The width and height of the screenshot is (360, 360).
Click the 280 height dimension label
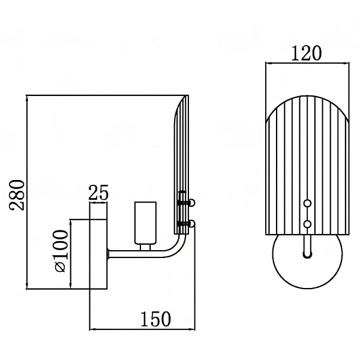(x=17, y=194)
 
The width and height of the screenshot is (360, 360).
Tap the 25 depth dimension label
(x=98, y=192)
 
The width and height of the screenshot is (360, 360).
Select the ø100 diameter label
(x=62, y=251)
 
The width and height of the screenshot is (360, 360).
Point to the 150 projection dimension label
(x=156, y=319)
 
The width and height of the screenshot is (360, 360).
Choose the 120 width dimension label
(x=307, y=53)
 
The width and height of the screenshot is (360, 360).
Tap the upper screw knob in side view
(x=192, y=203)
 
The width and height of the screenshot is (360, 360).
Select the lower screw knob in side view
(x=192, y=223)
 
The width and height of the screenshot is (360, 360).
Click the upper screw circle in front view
(x=307, y=203)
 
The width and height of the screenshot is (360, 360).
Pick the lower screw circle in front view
(x=307, y=224)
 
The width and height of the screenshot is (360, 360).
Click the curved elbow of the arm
(x=177, y=248)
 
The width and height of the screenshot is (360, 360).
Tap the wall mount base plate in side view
(x=98, y=254)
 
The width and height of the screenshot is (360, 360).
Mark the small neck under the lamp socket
(x=146, y=247)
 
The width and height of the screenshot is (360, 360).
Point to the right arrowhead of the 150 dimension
(x=192, y=329)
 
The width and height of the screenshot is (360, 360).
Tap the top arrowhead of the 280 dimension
(x=27, y=98)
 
